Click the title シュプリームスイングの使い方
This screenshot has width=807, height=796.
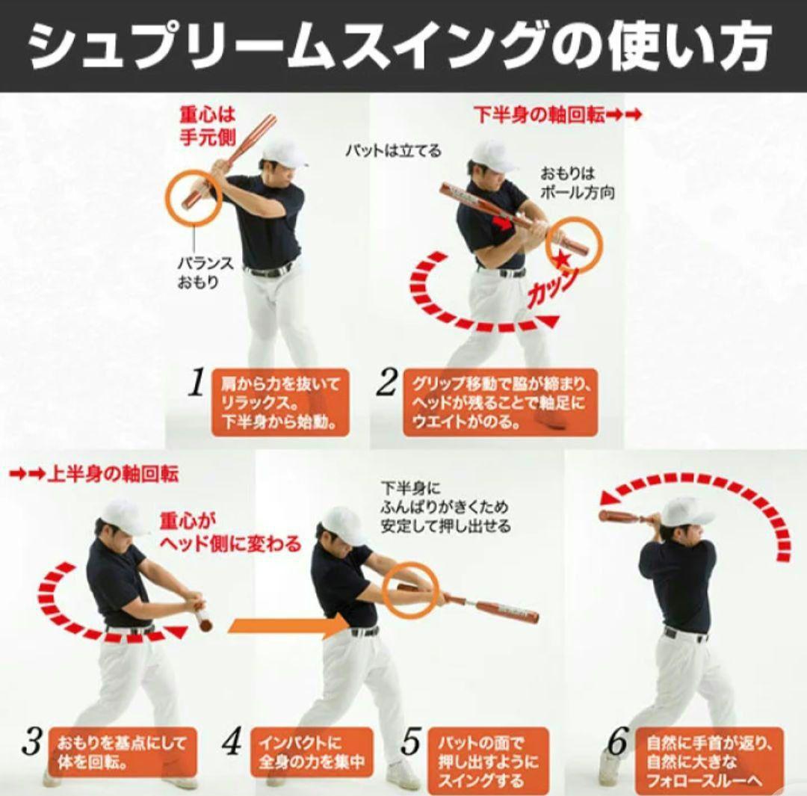click(x=400, y=46)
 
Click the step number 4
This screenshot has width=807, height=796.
click(x=232, y=741)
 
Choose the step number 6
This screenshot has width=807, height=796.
click(x=617, y=741)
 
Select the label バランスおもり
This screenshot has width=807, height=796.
click(x=205, y=273)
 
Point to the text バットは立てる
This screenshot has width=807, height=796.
click(x=392, y=150)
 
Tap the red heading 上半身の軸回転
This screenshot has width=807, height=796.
click(x=94, y=473)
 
